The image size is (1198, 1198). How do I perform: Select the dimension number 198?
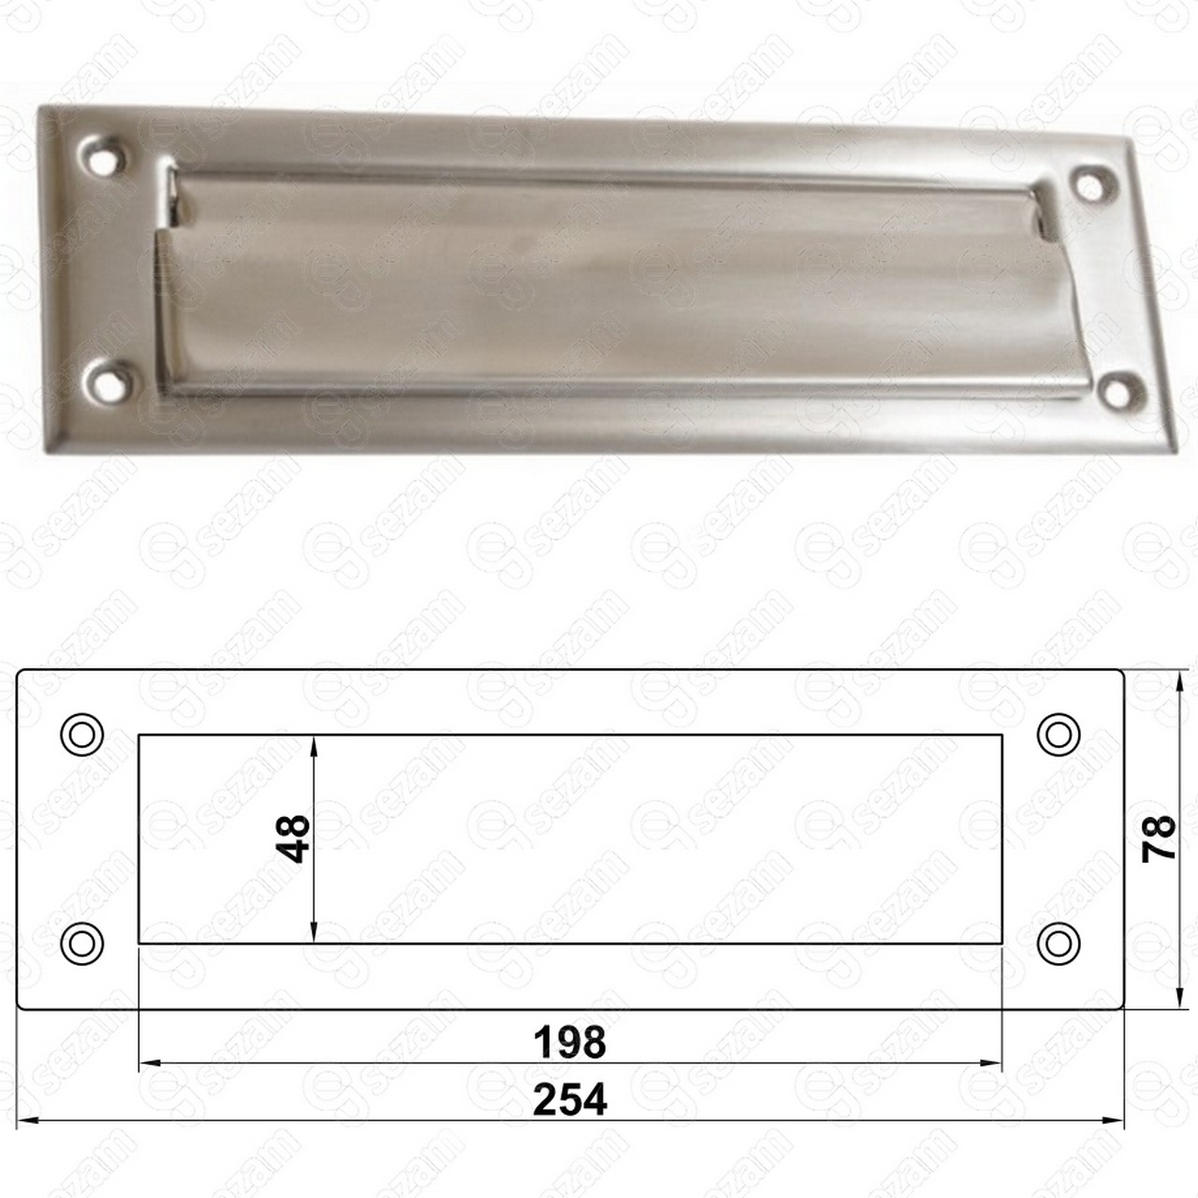[569, 1043]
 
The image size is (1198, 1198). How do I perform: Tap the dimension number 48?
[293, 840]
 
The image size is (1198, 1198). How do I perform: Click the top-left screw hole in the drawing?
[81, 735]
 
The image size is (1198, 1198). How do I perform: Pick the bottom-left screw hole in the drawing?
[81, 943]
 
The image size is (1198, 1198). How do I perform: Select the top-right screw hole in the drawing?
[1059, 735]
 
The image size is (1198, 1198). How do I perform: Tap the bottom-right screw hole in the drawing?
[1059, 943]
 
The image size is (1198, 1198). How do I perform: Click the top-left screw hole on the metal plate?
[104, 156]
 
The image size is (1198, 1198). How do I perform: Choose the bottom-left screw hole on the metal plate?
[109, 382]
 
